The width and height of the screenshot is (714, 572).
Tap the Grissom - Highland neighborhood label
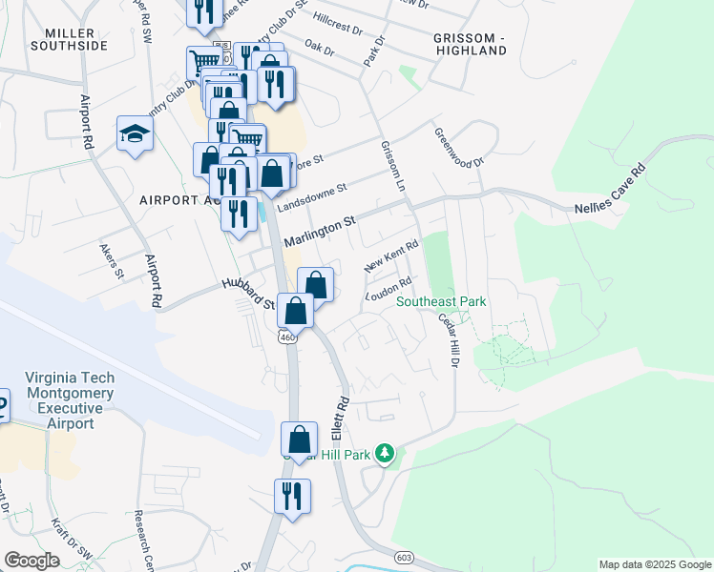coord(469,43)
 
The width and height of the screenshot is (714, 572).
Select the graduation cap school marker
coord(135,134)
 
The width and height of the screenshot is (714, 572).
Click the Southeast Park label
coord(441,302)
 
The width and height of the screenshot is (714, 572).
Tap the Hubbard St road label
coord(248,293)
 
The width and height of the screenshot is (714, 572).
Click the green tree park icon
coord(385,453)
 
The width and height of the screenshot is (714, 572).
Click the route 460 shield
coord(285,337)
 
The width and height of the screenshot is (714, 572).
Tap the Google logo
coord(31,561)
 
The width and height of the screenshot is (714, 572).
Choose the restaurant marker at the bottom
coord(292,497)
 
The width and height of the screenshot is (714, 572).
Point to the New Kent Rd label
coord(391,257)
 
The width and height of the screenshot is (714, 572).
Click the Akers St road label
coord(112,260)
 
